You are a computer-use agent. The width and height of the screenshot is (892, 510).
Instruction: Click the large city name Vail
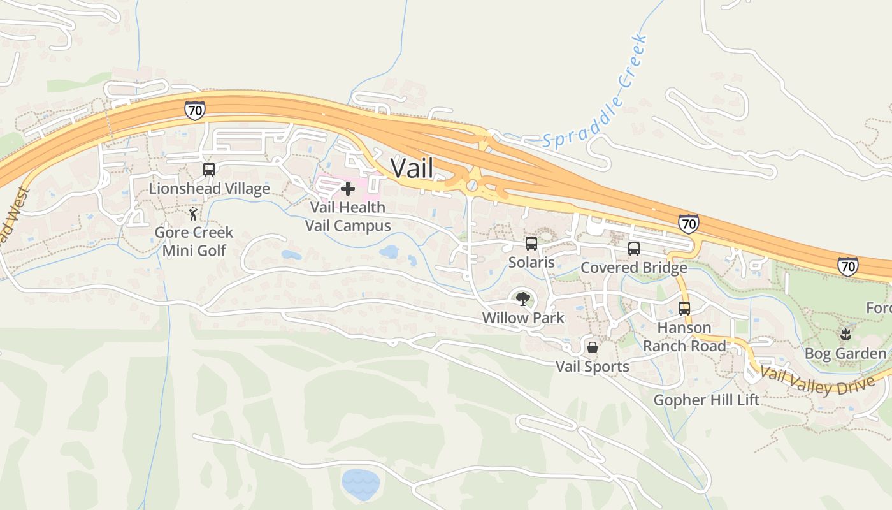tap(412, 168)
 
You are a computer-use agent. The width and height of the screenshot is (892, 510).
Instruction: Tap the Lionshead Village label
tap(209, 189)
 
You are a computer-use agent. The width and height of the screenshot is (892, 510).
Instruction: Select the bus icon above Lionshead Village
tap(209, 170)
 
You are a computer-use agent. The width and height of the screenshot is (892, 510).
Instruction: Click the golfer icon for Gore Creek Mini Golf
tap(193, 214)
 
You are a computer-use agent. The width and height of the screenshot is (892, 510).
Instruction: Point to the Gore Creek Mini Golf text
tap(194, 241)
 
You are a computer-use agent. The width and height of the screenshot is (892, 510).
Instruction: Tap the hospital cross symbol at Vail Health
tap(348, 189)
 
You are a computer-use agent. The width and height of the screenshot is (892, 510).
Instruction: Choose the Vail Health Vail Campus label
tap(348, 217)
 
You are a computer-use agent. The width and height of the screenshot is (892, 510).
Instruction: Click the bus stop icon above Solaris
tap(531, 244)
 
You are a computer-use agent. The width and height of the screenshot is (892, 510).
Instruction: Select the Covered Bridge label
tap(633, 268)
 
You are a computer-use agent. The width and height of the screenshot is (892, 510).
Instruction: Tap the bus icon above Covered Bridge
tap(633, 249)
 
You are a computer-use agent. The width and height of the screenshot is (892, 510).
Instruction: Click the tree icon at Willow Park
tap(523, 298)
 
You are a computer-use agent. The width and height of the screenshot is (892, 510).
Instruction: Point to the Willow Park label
tap(523, 317)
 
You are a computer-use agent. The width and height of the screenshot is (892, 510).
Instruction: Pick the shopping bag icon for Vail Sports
tap(593, 347)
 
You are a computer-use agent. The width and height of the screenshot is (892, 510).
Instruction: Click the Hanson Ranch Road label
tap(684, 337)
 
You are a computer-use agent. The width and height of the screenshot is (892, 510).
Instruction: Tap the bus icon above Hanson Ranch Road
tap(684, 309)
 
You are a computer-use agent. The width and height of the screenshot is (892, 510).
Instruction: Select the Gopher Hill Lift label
tap(707, 400)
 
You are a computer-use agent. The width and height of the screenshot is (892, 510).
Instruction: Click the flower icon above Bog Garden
tap(845, 334)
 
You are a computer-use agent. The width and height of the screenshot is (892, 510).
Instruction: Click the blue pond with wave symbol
tap(361, 483)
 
